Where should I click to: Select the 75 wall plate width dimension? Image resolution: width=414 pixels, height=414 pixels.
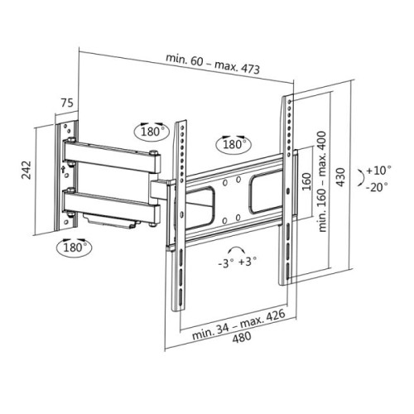click(66, 105)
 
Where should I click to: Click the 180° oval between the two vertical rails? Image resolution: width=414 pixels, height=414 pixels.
click(233, 144)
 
